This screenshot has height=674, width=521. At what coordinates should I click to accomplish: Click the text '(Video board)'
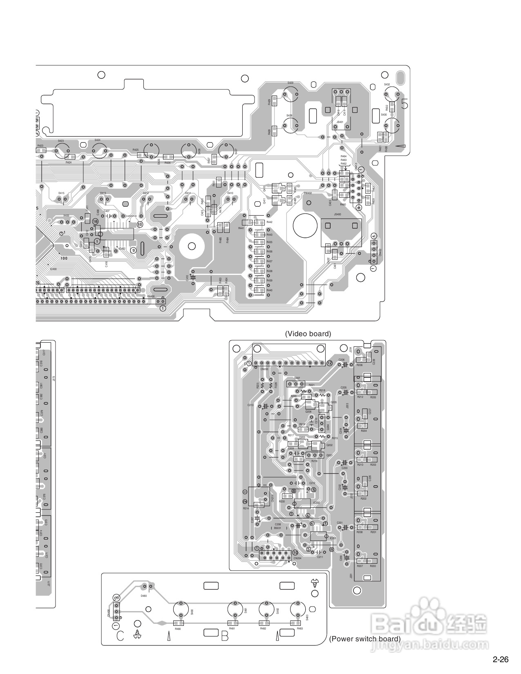(x=308, y=334)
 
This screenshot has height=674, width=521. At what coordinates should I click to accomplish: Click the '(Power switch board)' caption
(x=364, y=639)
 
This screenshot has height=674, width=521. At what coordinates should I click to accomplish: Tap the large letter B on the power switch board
(x=224, y=636)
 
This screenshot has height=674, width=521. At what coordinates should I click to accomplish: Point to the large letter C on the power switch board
(x=120, y=636)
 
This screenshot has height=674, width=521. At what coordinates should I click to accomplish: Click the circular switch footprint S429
(x=291, y=95)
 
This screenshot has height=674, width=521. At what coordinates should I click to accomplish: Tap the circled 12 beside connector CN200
(x=329, y=363)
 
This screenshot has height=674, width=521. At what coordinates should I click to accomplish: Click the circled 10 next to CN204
(x=295, y=553)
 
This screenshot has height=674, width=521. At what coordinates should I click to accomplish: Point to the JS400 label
(x=337, y=214)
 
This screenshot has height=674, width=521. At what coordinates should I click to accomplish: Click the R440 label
(x=269, y=290)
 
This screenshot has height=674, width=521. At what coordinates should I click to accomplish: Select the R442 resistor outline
(x=258, y=223)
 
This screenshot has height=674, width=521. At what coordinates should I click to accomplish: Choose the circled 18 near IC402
(x=95, y=221)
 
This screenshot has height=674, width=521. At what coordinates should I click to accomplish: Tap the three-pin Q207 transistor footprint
(x=296, y=384)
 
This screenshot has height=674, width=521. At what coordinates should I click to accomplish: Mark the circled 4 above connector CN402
(x=373, y=236)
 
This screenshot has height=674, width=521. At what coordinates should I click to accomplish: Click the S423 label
(x=60, y=141)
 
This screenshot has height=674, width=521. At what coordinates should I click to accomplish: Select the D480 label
(x=144, y=596)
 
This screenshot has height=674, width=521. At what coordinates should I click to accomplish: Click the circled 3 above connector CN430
(x=116, y=598)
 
